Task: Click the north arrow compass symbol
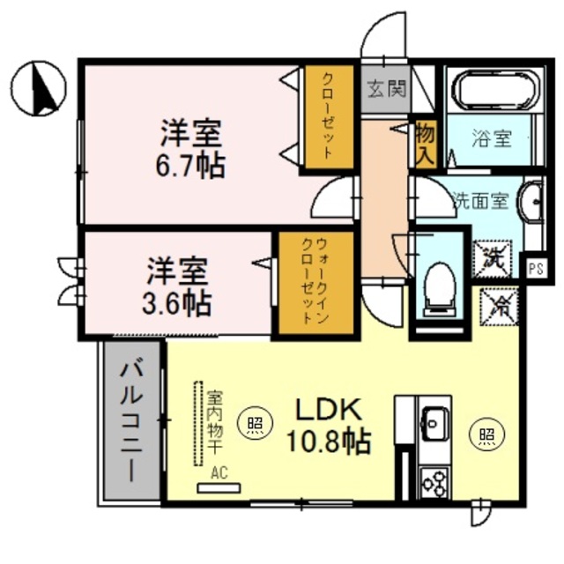(x=39, y=88)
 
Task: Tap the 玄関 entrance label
(x=387, y=89)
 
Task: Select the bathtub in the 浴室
(x=495, y=91)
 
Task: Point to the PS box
(x=536, y=269)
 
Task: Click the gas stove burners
(x=434, y=483)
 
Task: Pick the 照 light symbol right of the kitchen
(x=487, y=435)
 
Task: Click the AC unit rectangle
(x=219, y=488)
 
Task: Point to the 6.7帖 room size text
(x=190, y=167)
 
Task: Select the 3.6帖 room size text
(x=176, y=304)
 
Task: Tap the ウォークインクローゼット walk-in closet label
(x=315, y=281)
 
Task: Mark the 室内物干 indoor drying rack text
(x=215, y=423)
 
